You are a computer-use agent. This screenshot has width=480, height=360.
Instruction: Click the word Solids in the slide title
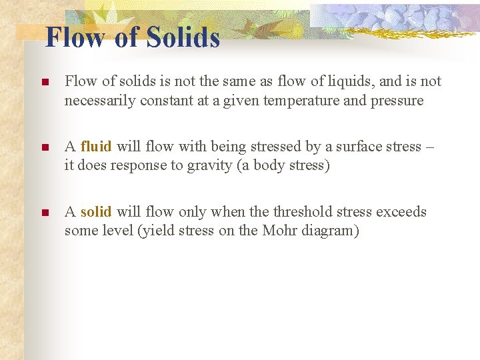click(x=183, y=37)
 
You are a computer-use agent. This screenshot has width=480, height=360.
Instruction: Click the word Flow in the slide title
click(x=75, y=37)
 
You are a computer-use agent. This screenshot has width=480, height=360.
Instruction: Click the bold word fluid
click(x=96, y=147)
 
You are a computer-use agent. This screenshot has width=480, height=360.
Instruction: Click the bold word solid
click(x=96, y=212)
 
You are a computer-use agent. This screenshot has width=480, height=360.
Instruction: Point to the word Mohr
click(x=281, y=231)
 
